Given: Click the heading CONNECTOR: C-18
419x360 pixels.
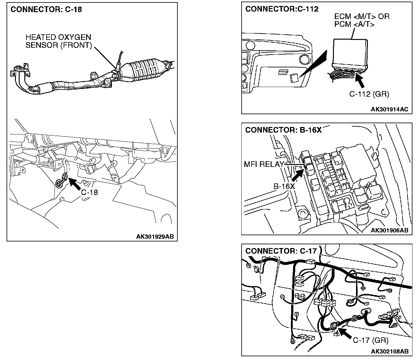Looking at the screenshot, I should click(x=46, y=9).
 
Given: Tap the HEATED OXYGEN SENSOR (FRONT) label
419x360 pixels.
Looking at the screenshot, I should click(x=59, y=41).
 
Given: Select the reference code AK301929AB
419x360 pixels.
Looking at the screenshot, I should click(x=155, y=236).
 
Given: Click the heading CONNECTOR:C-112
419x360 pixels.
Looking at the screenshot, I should click(x=282, y=9).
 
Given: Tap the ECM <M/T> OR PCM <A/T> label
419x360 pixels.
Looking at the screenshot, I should click(x=362, y=20).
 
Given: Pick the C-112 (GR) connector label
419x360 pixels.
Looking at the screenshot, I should click(x=369, y=94).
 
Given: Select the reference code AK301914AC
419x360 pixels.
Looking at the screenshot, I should click(x=389, y=109).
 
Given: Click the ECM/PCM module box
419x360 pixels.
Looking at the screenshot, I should click(x=349, y=51).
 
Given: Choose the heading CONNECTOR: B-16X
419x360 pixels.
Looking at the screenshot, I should click(x=283, y=130).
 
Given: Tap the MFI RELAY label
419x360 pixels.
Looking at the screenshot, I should click(x=264, y=164).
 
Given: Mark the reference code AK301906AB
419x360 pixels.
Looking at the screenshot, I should click(x=389, y=230).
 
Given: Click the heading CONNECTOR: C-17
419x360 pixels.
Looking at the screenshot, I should click(x=281, y=251).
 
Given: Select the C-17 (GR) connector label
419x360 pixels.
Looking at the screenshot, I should click(x=371, y=340).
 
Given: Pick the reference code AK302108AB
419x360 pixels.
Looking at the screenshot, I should click(x=389, y=351).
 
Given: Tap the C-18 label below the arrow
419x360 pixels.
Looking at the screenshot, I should click(x=89, y=192).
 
